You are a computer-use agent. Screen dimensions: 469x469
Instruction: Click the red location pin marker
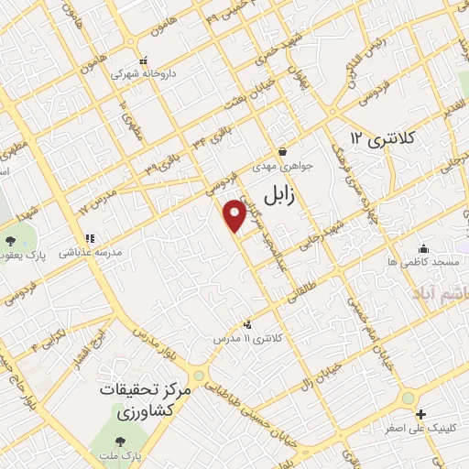(235, 214)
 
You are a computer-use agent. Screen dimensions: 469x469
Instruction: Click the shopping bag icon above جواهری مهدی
(282, 152)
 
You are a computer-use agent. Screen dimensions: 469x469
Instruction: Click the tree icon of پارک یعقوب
(10, 241)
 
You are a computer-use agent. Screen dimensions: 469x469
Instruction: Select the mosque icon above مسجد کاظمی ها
(422, 248)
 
